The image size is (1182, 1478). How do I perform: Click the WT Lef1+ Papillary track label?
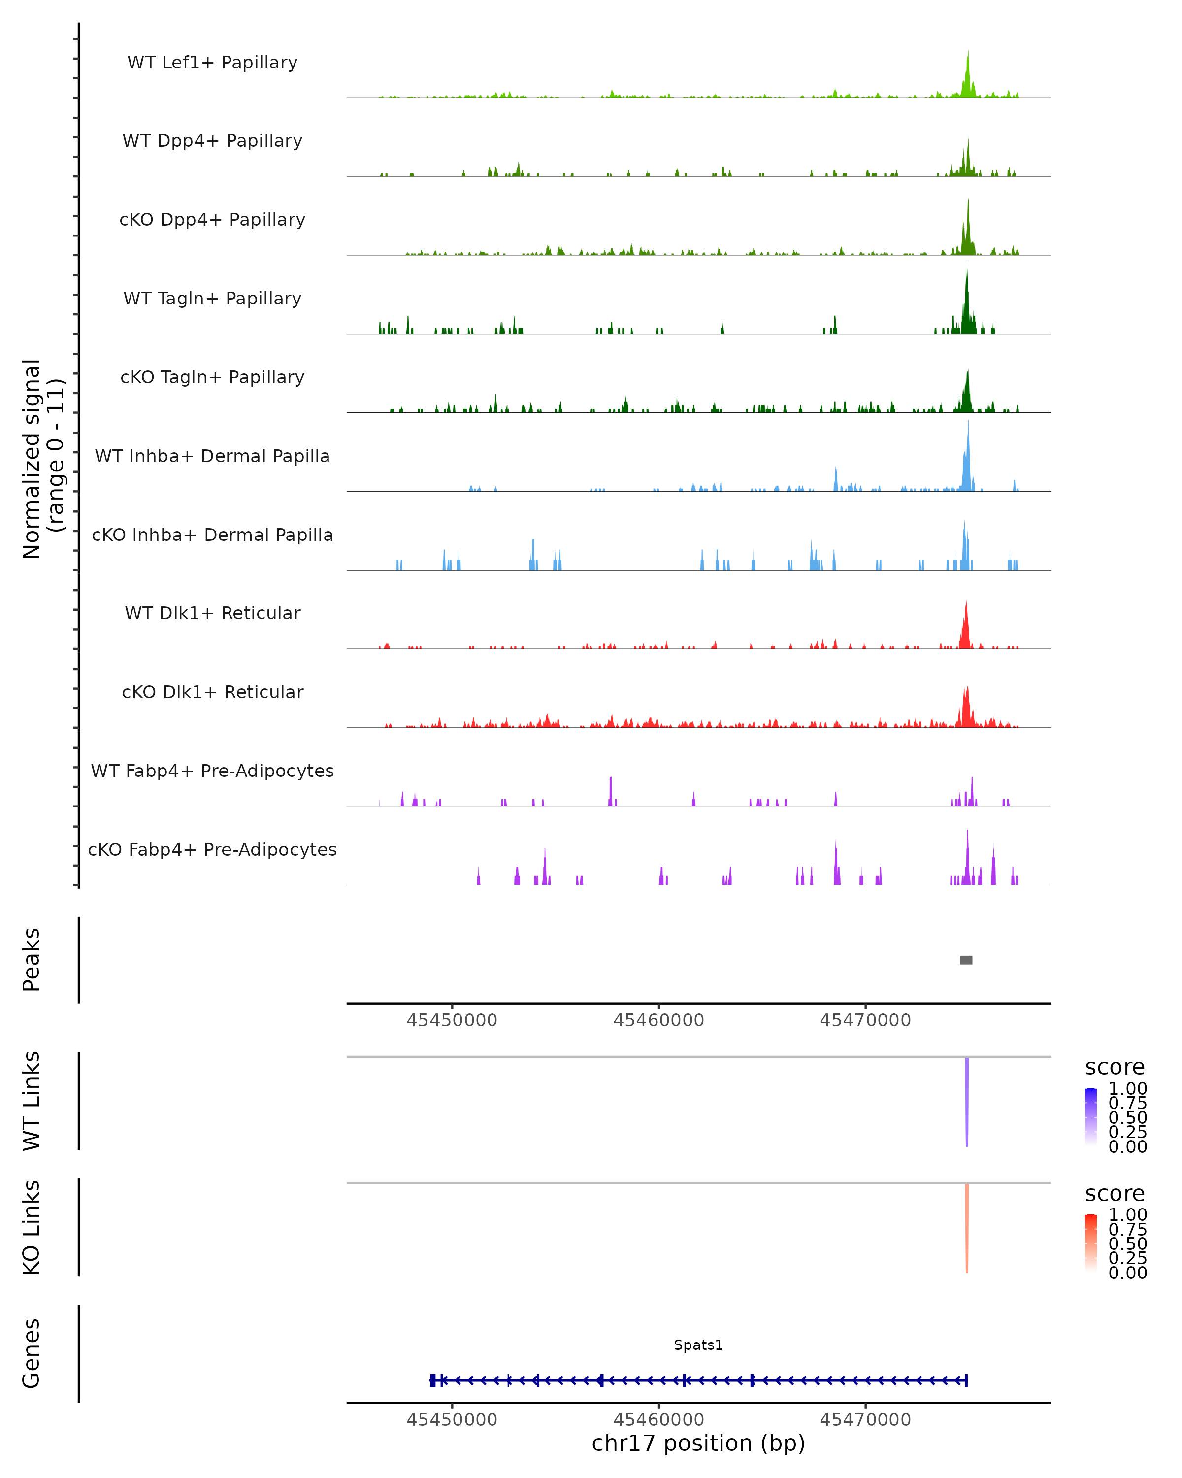[212, 63]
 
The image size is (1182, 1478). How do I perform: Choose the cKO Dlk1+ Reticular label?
[212, 692]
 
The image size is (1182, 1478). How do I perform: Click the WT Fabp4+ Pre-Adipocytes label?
[212, 771]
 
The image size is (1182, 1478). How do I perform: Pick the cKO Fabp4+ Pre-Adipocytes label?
[212, 849]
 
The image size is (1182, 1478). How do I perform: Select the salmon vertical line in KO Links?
[967, 1228]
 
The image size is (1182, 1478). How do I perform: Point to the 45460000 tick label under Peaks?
[658, 1020]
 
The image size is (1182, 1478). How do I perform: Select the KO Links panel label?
[32, 1227]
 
